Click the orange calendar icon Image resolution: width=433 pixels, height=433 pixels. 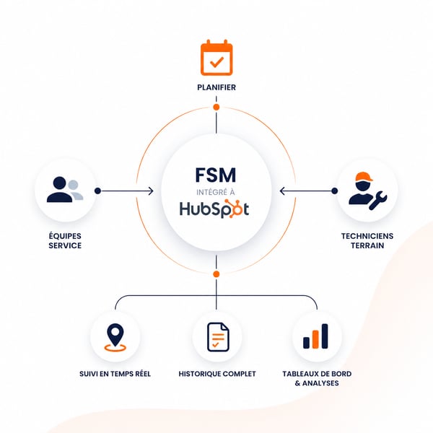pyautogui.click(x=216, y=58)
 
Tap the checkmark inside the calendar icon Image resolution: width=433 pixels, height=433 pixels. pyautogui.click(x=216, y=62)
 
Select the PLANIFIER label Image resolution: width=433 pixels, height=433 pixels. pyautogui.click(x=216, y=87)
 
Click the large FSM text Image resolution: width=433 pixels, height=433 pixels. pyautogui.click(x=216, y=175)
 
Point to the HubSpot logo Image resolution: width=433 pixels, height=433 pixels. pyautogui.click(x=214, y=209)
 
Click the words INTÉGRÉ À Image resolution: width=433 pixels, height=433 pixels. pyautogui.click(x=216, y=192)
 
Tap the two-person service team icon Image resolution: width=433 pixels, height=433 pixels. pyautogui.click(x=65, y=190)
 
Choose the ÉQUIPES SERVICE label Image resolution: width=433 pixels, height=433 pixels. pyautogui.click(x=65, y=241)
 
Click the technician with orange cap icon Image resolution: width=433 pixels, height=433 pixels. pyautogui.click(x=367, y=191)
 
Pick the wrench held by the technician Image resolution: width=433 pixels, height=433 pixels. pyautogui.click(x=378, y=200)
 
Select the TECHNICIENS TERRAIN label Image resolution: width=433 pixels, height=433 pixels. pyautogui.click(x=367, y=241)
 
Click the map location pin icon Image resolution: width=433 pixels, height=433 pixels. pyautogui.click(x=115, y=338)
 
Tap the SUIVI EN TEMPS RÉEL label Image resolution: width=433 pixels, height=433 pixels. pyautogui.click(x=115, y=374)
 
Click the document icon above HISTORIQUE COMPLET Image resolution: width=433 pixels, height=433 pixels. pyautogui.click(x=218, y=337)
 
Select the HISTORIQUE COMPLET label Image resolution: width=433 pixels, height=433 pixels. pyautogui.click(x=217, y=374)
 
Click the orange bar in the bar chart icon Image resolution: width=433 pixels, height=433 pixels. pyautogui.click(x=315, y=339)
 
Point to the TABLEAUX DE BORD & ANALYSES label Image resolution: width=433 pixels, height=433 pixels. pyautogui.click(x=317, y=379)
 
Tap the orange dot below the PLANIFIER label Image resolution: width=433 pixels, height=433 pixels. pyautogui.click(x=216, y=107)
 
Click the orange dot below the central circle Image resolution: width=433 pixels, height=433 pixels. pyautogui.click(x=216, y=274)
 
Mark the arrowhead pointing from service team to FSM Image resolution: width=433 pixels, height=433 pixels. pyautogui.click(x=151, y=191)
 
